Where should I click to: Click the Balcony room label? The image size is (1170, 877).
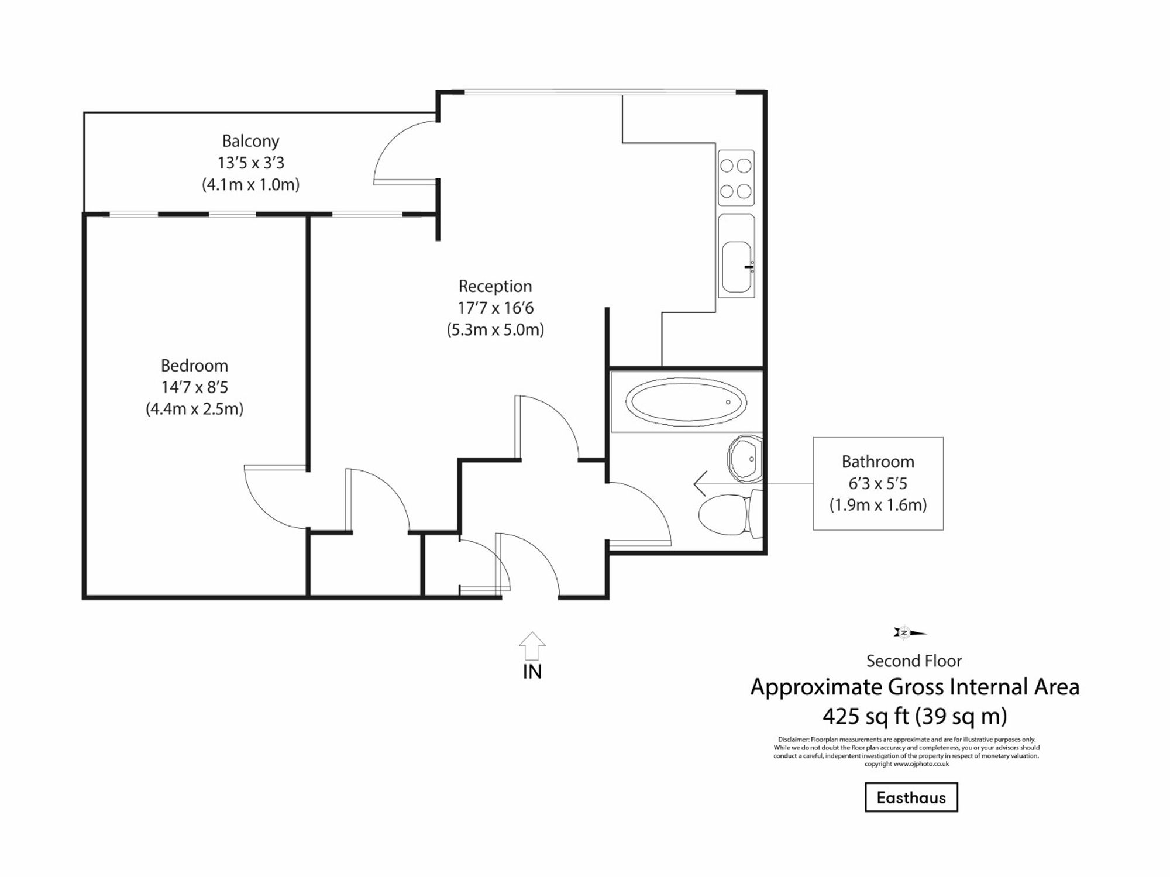click(250, 141)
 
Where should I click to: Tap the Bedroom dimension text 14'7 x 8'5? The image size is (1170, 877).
click(194, 387)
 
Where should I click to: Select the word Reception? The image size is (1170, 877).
click(495, 286)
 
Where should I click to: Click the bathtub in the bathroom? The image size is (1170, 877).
click(686, 402)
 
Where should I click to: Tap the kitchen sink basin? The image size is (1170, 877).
click(737, 267)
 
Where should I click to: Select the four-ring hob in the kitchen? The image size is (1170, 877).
click(736, 178)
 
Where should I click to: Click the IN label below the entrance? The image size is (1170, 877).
click(532, 672)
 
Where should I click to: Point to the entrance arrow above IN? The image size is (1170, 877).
click(532, 645)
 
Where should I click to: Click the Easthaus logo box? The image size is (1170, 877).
click(911, 797)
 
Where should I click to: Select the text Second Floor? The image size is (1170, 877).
click(914, 661)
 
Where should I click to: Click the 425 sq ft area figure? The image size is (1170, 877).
click(866, 716)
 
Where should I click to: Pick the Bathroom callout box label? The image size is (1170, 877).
click(877, 462)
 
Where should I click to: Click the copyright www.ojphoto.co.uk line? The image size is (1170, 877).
click(906, 763)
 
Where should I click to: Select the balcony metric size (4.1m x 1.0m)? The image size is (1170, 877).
click(250, 185)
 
